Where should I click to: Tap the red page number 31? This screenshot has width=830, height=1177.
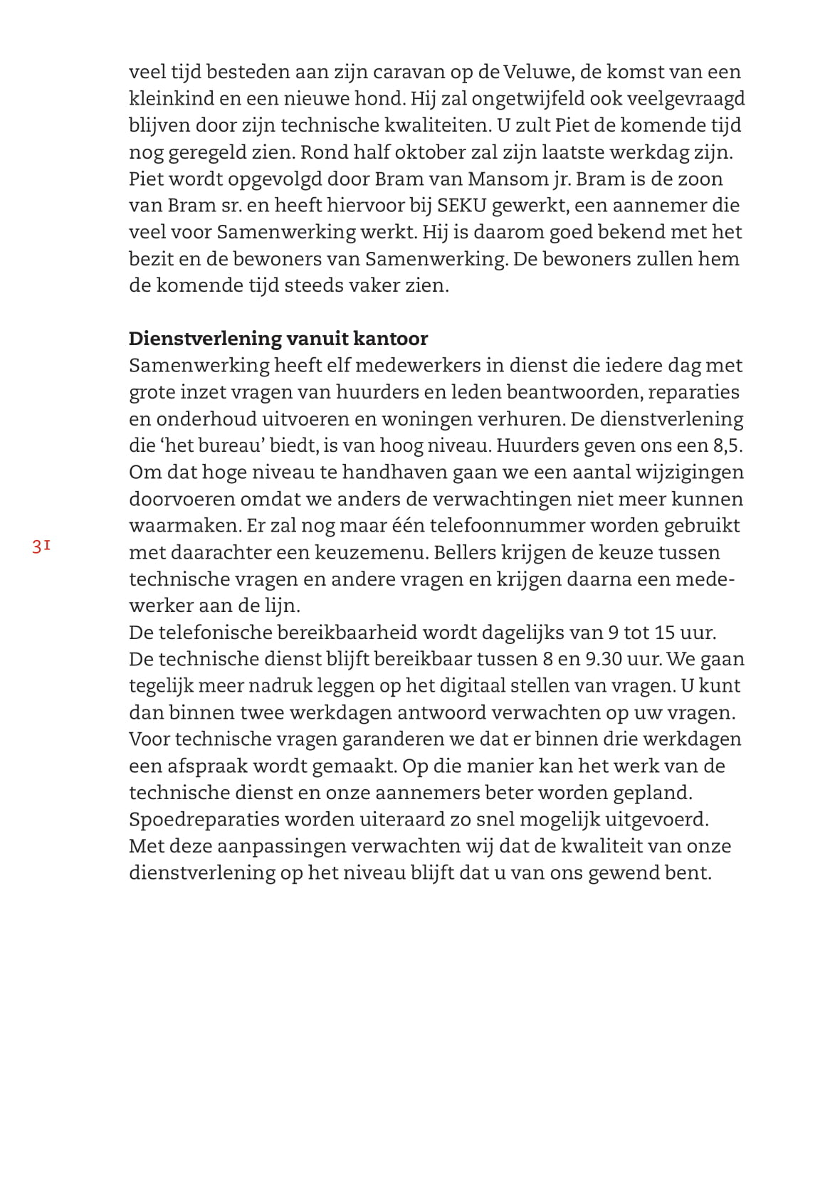41,547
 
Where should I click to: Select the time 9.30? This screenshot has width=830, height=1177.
604,659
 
